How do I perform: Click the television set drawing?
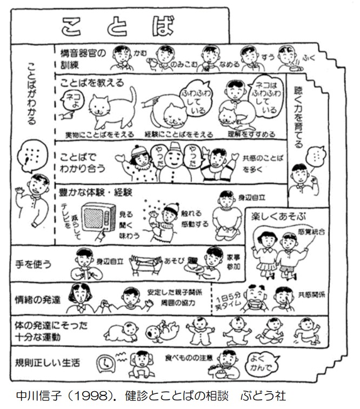[99, 218]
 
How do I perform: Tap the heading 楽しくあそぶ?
[277, 217]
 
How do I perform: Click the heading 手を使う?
[34, 265]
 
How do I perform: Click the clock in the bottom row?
[105, 364]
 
